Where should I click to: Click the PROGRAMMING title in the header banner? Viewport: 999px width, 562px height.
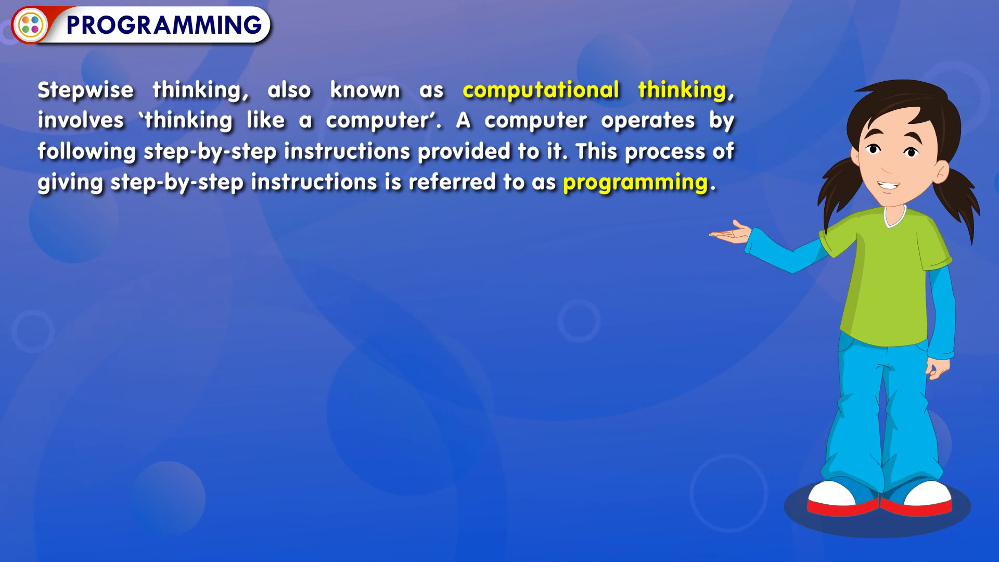click(164, 25)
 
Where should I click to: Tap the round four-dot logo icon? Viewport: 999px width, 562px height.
click(30, 24)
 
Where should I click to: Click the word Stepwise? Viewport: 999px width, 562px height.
click(86, 91)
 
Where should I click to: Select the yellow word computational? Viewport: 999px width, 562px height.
click(541, 91)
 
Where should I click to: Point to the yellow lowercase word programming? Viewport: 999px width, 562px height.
click(636, 183)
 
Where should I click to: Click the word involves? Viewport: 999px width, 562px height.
click(81, 120)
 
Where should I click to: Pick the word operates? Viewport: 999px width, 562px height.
click(648, 121)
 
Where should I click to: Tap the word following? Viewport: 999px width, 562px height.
click(87, 152)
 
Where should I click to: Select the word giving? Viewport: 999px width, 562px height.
click(70, 183)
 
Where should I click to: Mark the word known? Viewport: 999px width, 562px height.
click(365, 90)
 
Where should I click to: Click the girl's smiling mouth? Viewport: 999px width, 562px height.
click(889, 186)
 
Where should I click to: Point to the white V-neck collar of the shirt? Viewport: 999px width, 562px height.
click(895, 217)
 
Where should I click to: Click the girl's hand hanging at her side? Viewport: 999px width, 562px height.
click(938, 367)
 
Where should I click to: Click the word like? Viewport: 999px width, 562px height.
click(266, 120)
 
